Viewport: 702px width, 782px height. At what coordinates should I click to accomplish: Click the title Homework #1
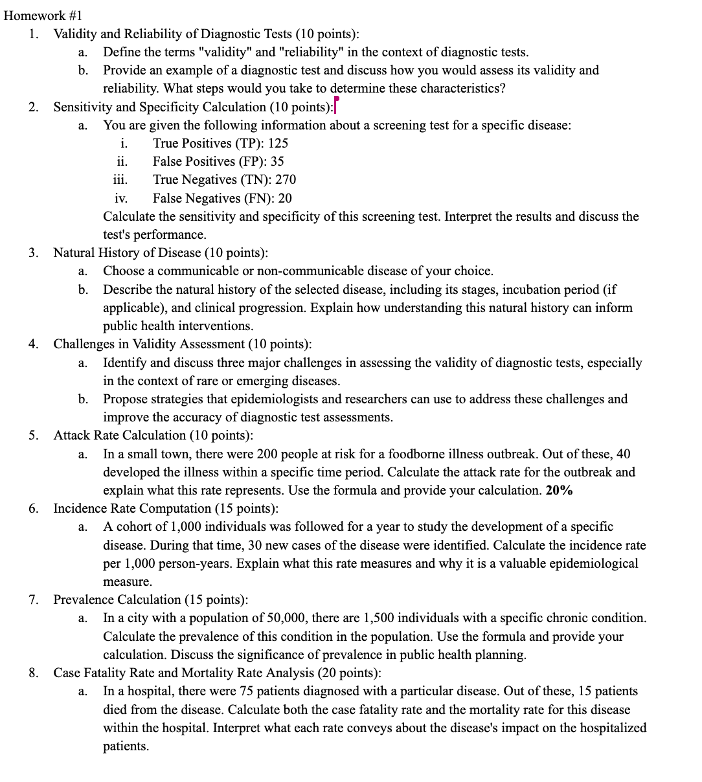43,16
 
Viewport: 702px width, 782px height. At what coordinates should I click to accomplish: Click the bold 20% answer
559,491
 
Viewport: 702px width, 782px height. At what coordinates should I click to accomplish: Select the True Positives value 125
278,143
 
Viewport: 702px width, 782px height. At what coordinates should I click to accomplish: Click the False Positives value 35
277,161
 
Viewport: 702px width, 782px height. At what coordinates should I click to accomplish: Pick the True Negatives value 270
286,179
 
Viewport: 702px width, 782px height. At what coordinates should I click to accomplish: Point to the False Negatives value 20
284,198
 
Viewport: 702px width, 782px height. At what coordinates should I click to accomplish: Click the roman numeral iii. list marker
120,179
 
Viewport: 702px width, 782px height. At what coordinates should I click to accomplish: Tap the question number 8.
34,673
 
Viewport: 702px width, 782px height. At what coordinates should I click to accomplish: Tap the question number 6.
34,508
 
